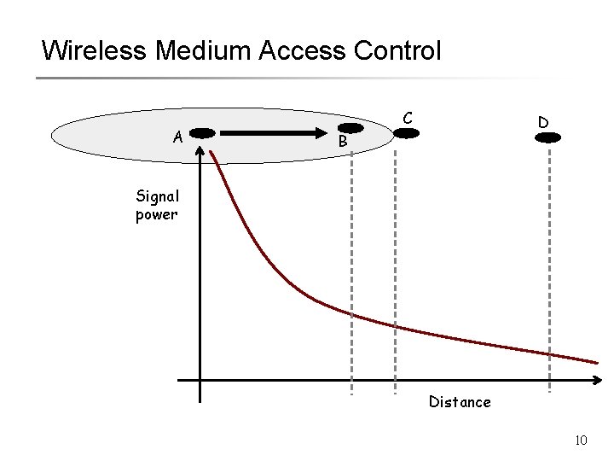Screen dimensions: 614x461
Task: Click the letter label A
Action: pos(177,136)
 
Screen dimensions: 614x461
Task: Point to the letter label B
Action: pos(342,142)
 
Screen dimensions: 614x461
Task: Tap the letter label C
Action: pos(408,117)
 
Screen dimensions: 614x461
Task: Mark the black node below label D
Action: pos(547,137)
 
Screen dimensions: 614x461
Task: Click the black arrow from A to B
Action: pos(273,133)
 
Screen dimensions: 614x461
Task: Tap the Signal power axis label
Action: pos(156,205)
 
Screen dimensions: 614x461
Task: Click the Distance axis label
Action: pos(460,401)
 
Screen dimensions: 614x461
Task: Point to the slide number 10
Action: pos(582,441)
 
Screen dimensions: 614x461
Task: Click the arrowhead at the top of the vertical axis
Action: pos(200,150)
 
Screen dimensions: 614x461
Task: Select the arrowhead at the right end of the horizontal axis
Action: pos(600,380)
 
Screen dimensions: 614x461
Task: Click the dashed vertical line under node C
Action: pos(396,273)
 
